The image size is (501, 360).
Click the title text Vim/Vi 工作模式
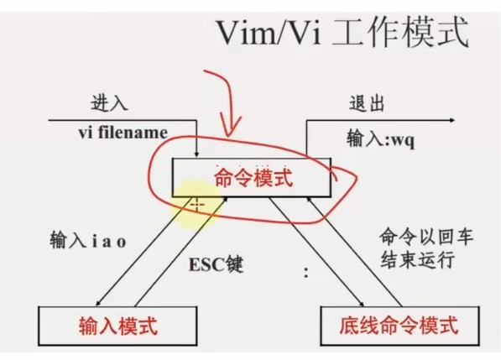pos(343,34)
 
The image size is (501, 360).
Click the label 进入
pos(109,103)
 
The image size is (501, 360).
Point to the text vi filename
pos(123,133)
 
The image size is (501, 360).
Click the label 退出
pos(367,103)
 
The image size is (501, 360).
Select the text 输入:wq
pos(381,138)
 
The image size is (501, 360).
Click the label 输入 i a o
pos(88,240)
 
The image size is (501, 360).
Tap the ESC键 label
pos(216,264)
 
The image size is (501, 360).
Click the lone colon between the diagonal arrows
pos(306,273)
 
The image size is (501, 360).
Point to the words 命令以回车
pos(426,237)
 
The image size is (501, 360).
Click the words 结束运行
pos(417,259)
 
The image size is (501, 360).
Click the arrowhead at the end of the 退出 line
pos(451,121)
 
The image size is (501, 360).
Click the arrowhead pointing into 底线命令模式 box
pos(361,303)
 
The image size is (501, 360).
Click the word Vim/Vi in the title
pos(269,34)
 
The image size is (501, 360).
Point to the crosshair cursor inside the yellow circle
pos(197,205)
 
